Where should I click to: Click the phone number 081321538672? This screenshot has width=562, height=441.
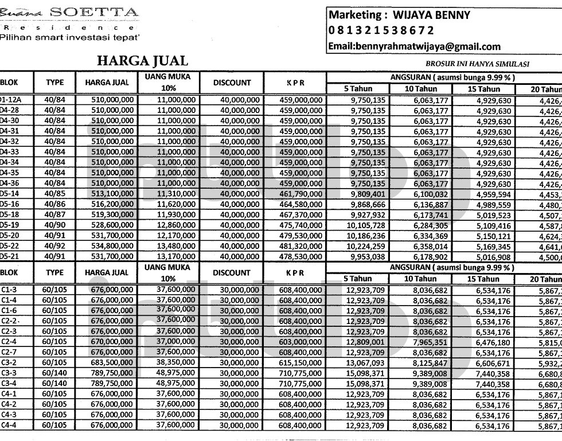pyautogui.click(x=381, y=30)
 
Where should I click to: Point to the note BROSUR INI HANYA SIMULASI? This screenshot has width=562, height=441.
pyautogui.click(x=477, y=64)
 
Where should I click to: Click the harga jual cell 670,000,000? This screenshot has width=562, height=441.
pyautogui.click(x=113, y=342)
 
